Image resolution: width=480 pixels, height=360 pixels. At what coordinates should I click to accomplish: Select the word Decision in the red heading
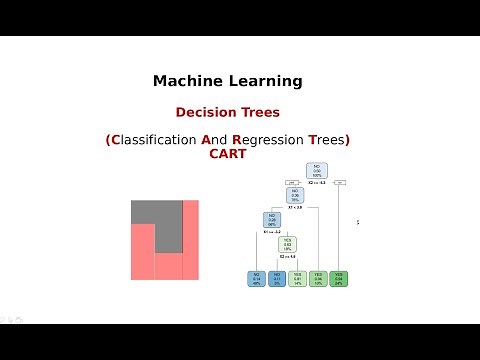tap(205, 113)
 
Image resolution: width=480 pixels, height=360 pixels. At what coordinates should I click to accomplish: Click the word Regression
tap(268, 139)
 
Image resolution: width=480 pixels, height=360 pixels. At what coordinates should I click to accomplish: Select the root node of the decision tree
tap(316, 170)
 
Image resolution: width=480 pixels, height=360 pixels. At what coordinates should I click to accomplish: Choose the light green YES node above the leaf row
tap(288, 244)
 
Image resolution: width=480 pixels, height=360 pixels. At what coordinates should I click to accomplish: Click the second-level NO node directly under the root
tap(296, 196)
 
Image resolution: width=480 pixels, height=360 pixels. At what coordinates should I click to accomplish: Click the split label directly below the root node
tap(316, 184)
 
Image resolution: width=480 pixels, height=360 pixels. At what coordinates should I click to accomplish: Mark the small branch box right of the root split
tap(340, 183)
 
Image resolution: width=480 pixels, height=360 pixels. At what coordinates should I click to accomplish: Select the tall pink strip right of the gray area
tap(190, 240)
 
